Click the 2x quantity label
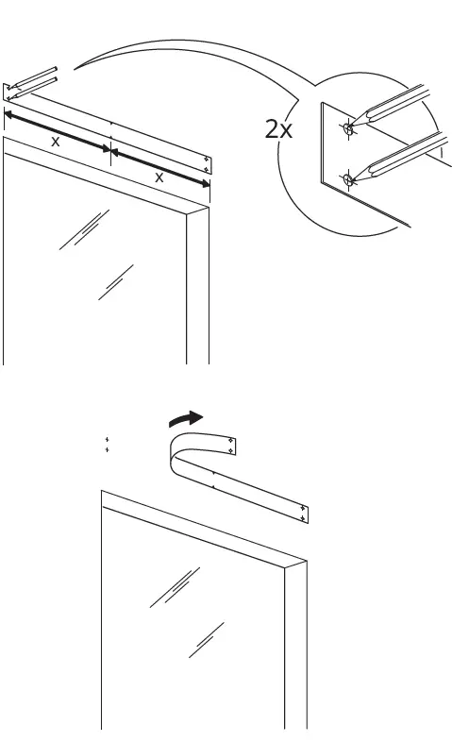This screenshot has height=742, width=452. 279,130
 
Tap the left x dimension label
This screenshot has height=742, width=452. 56,141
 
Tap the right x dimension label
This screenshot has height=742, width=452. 159,176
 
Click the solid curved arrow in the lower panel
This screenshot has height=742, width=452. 183,418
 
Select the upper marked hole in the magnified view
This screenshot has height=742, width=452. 348,128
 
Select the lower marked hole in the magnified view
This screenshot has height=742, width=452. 348,178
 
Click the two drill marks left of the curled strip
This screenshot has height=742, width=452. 107,445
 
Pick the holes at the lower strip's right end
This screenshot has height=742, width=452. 301,514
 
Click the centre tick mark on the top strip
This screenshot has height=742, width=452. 111,124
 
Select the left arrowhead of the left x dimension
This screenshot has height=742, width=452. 8,114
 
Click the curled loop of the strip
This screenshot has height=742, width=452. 177,451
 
